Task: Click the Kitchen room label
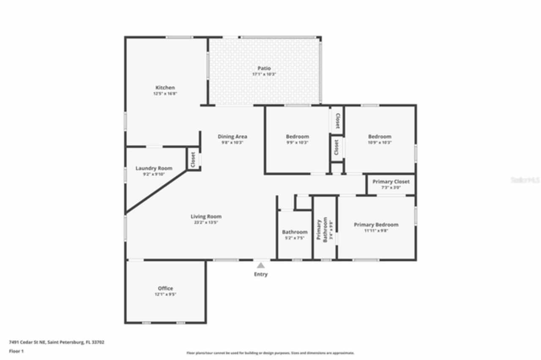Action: point(165,87)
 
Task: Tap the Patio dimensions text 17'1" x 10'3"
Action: point(264,74)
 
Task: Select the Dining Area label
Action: point(232,136)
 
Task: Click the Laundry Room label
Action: point(154,168)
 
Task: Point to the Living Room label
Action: point(206,216)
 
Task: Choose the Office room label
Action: point(165,288)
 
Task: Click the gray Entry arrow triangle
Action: point(261,265)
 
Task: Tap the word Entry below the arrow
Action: point(261,274)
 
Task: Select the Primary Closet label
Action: point(391,182)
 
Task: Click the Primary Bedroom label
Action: point(376,225)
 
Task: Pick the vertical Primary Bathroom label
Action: point(322,230)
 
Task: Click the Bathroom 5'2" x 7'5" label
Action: point(295,232)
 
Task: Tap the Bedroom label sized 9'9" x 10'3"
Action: point(298,136)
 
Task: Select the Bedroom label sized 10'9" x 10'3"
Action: point(380,136)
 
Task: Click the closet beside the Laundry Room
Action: point(193,160)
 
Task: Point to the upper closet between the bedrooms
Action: point(337,120)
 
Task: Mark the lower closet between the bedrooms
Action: point(336,147)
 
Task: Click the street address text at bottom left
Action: point(57,342)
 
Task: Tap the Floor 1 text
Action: point(16,351)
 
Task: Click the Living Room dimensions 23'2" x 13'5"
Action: point(206,222)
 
